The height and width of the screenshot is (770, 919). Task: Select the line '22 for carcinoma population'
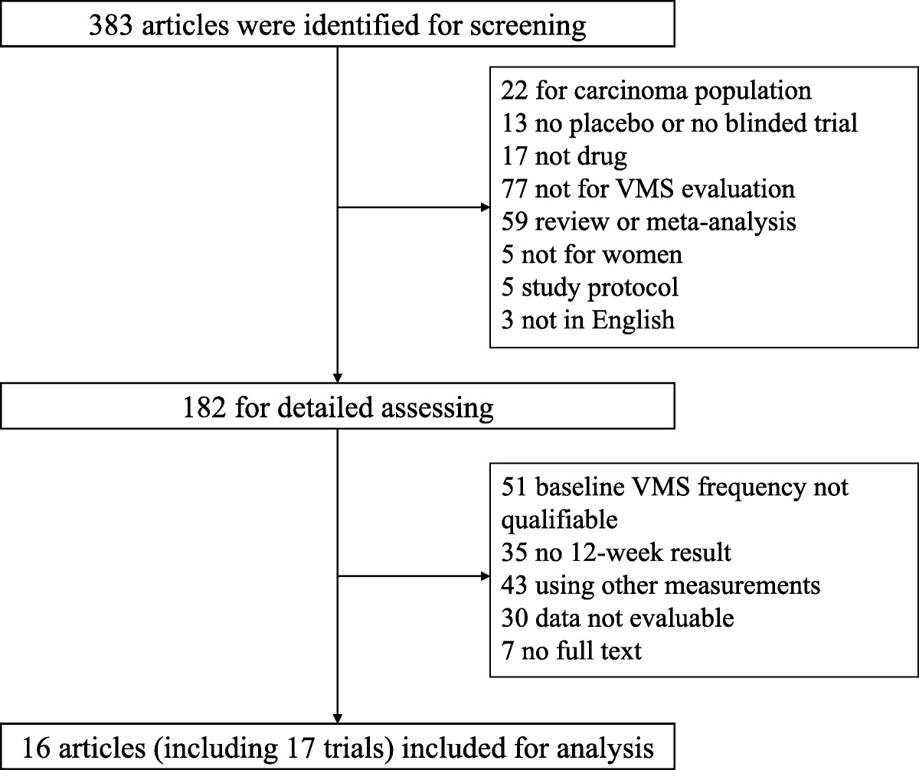tap(656, 90)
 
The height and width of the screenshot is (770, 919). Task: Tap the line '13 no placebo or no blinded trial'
tap(679, 123)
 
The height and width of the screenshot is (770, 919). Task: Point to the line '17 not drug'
tap(564, 156)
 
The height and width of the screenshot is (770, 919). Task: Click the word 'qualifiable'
tap(559, 520)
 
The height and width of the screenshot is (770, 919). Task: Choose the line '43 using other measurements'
tap(661, 586)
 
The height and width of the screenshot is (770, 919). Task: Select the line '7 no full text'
tap(572, 651)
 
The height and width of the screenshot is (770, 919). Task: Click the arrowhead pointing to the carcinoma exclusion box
tap(484, 207)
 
